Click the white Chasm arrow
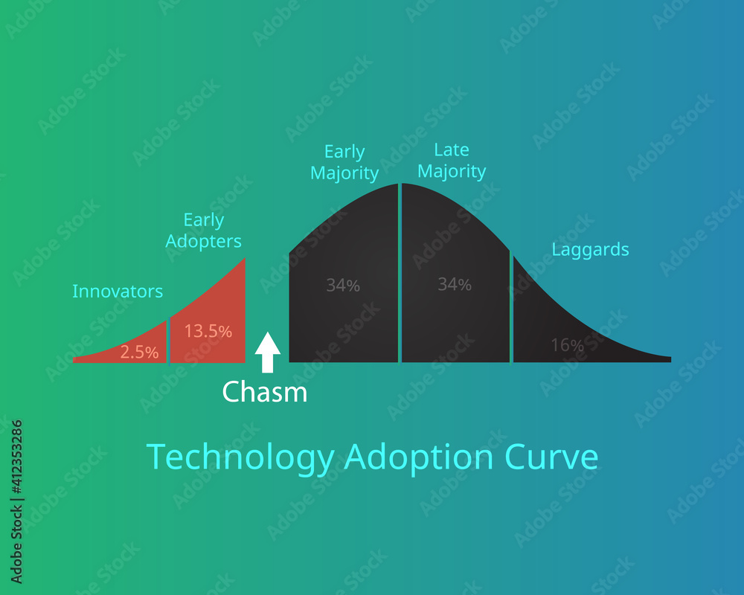pyautogui.click(x=268, y=353)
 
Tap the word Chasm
pyautogui.click(x=264, y=391)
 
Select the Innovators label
pyautogui.click(x=118, y=291)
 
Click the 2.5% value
pyautogui.click(x=140, y=353)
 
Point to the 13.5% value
pyautogui.click(x=208, y=332)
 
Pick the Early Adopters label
pyautogui.click(x=204, y=231)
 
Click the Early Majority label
pyautogui.click(x=344, y=163)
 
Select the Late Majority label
pyautogui.click(x=452, y=161)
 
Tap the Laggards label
pyautogui.click(x=590, y=249)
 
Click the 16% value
pyautogui.click(x=567, y=345)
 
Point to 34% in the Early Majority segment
pyautogui.click(x=343, y=285)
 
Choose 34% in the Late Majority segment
pyautogui.click(x=455, y=284)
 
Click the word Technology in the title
pyautogui.click(x=240, y=457)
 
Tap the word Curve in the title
pyautogui.click(x=549, y=457)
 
